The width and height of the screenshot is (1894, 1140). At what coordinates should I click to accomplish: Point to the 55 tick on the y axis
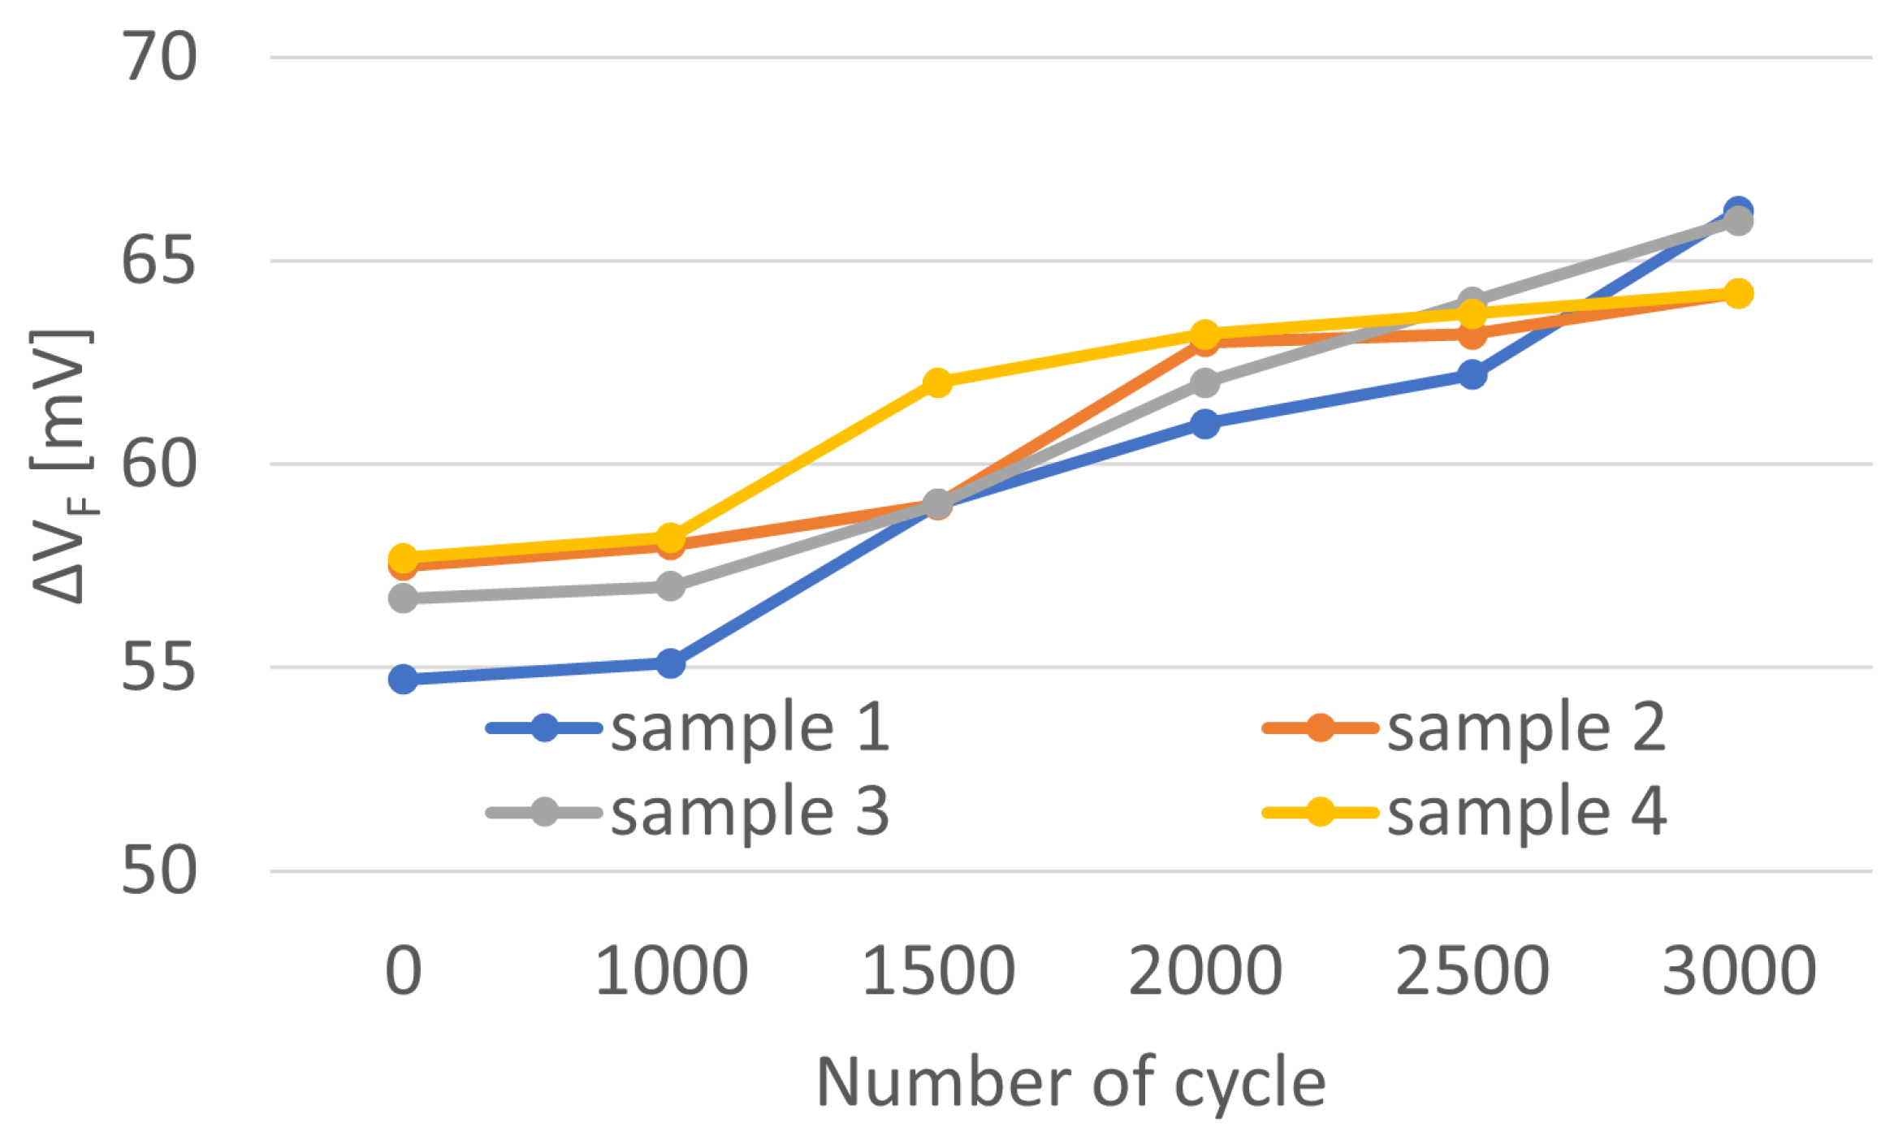point(159,668)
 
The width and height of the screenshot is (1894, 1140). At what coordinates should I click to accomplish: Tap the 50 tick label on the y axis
point(159,871)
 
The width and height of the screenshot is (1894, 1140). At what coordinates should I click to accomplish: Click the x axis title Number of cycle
point(1070,1082)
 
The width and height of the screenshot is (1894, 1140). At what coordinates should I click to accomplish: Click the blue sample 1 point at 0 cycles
point(404,679)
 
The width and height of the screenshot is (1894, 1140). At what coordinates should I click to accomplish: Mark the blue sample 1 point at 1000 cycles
point(670,663)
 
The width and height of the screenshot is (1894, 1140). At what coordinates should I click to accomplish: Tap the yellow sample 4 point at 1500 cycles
point(938,382)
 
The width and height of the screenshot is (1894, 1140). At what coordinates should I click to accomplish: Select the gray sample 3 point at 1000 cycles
point(670,585)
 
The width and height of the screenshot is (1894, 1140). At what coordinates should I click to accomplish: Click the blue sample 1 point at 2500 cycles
point(1472,375)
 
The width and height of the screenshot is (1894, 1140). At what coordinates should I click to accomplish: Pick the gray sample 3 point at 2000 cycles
point(1205,382)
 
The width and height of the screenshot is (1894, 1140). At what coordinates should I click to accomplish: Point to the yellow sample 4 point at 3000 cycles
point(1738,293)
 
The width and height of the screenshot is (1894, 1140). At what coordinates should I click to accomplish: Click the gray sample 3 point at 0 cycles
point(404,599)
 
